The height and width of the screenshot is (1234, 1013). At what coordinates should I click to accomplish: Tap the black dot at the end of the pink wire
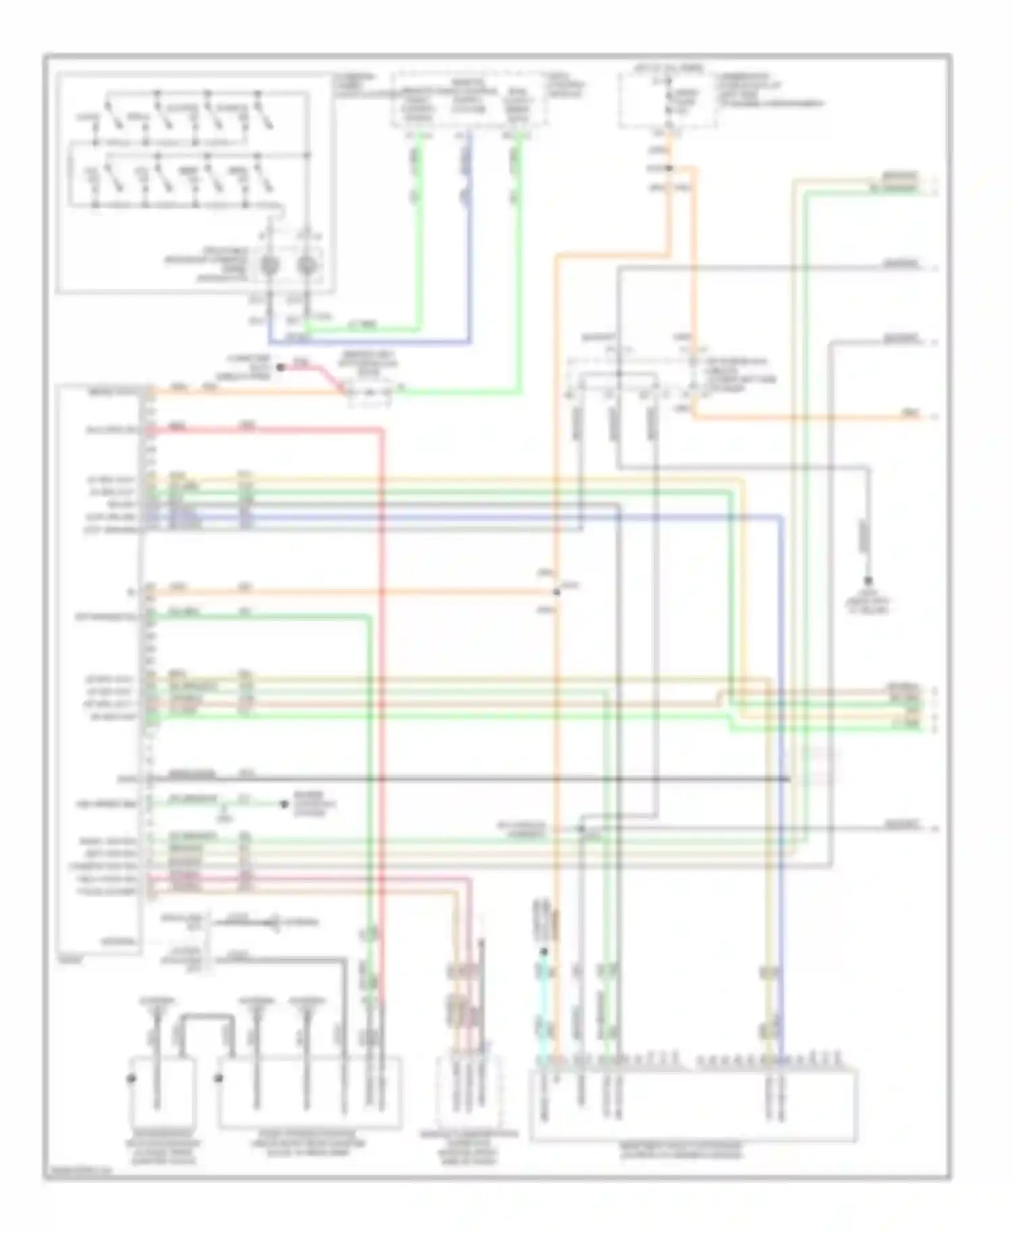coord(279,368)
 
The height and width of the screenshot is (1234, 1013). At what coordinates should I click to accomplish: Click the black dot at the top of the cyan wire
coord(543,952)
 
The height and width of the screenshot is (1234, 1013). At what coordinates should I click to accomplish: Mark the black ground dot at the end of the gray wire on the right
coord(868,580)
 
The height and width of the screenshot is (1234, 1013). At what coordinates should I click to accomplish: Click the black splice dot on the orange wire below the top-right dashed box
coord(669,168)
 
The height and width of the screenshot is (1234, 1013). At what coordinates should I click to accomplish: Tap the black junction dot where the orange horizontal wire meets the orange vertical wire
coord(556,592)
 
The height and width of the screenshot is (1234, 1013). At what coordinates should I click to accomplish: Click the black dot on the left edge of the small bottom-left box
coord(131,1079)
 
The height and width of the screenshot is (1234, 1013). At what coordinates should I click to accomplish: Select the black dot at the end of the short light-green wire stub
coord(283,804)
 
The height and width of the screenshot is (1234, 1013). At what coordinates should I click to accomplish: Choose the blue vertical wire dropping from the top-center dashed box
coord(469,236)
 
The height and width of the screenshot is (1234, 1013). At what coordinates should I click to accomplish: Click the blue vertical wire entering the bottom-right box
coord(782,810)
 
